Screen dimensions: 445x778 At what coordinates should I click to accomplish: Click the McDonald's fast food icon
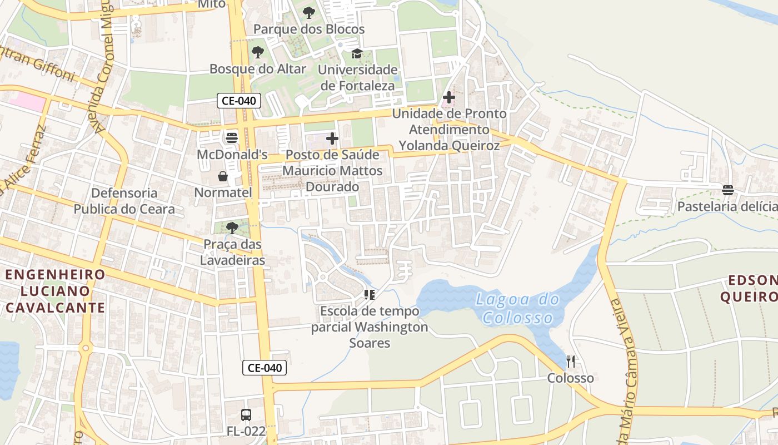(x=232, y=137)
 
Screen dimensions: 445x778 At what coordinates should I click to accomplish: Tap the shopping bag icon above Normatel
(x=223, y=176)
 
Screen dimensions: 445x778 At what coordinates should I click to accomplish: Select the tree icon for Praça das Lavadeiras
(x=232, y=228)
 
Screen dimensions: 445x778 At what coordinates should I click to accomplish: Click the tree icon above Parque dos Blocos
(x=309, y=13)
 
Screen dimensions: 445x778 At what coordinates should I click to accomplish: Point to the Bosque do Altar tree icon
(x=257, y=53)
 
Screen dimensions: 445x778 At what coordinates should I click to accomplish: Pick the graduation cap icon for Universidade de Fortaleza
(x=357, y=54)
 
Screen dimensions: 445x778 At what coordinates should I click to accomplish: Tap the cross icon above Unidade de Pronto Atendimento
(x=448, y=97)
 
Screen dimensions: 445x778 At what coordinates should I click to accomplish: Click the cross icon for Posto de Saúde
(x=332, y=138)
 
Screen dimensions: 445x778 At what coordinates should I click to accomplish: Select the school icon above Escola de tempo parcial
(x=370, y=295)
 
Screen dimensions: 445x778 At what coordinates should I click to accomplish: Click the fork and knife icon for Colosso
(x=570, y=362)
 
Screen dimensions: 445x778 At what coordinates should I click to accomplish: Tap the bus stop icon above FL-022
(x=246, y=414)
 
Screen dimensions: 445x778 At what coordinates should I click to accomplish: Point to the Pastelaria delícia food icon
(x=728, y=190)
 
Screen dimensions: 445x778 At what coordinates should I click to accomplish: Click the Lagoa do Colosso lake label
(x=518, y=309)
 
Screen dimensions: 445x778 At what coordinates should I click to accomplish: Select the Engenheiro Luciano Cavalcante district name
(x=55, y=291)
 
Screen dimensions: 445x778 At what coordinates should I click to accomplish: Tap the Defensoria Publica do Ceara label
(x=124, y=201)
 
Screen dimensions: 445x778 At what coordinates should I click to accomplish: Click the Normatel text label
(x=223, y=192)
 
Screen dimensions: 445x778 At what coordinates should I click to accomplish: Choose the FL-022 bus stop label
(x=246, y=431)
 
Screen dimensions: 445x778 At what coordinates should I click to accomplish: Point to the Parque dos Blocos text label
(x=309, y=29)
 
